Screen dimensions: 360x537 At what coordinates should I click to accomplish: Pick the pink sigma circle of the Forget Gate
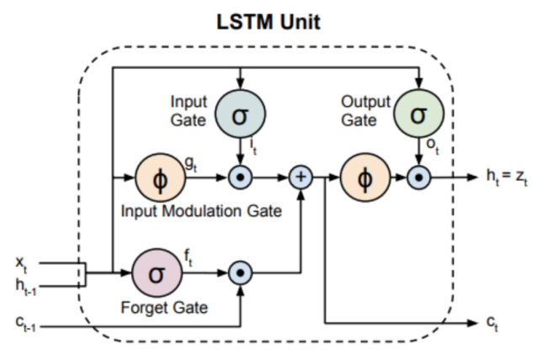click(155, 273)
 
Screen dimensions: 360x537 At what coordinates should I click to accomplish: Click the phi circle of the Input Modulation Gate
click(157, 178)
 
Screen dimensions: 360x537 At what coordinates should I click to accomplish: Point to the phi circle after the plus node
click(362, 178)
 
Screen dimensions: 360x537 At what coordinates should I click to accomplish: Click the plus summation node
click(300, 178)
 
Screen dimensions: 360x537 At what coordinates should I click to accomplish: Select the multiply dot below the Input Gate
click(241, 178)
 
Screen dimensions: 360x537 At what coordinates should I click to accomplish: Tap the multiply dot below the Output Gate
click(418, 178)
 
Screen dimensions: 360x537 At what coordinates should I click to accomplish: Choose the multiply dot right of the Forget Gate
click(241, 273)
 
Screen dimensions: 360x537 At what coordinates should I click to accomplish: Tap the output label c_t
click(496, 323)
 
